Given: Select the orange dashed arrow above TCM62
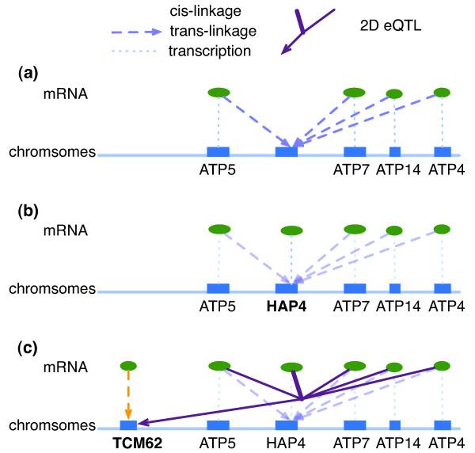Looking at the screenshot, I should click(x=127, y=393).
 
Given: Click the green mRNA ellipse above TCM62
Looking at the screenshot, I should click(x=127, y=366).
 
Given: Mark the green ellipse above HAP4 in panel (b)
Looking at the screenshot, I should click(x=292, y=231).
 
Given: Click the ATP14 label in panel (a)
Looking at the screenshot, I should click(x=394, y=168).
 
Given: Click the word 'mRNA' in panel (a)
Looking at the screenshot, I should click(x=65, y=93).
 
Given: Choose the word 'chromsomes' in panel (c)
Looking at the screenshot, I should click(x=51, y=425).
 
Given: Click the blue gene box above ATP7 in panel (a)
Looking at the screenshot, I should click(x=355, y=151).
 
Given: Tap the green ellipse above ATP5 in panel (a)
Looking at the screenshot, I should click(x=218, y=93).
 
